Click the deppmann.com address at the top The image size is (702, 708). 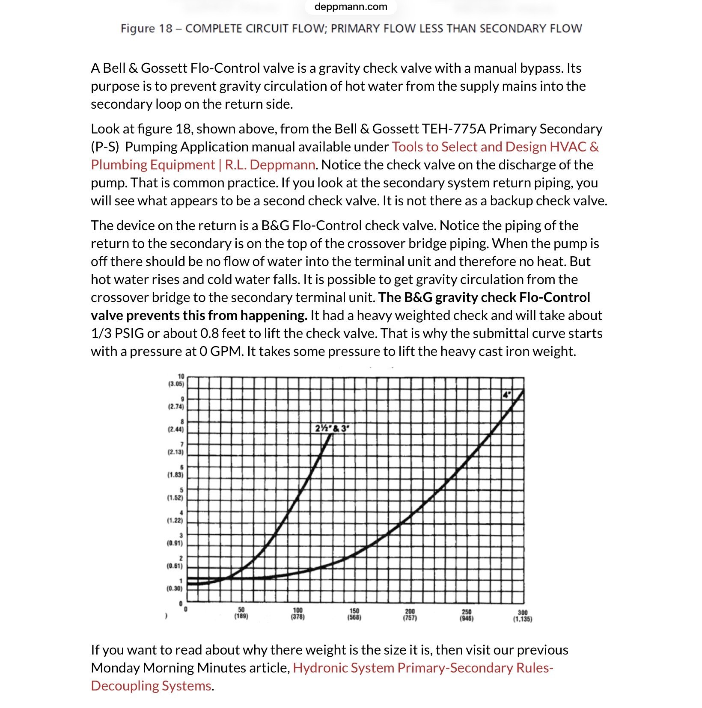pos(351,7)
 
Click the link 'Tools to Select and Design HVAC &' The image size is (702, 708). pos(495,147)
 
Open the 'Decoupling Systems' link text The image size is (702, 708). pos(151,686)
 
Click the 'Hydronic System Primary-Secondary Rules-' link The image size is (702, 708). pos(423,668)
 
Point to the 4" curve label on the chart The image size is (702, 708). pos(507,395)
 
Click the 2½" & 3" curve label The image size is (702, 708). pos(332,428)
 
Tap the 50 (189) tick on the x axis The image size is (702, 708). pos(241,613)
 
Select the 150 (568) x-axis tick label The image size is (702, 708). pos(354,614)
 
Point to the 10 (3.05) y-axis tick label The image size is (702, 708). pos(176,380)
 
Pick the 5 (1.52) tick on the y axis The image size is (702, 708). pos(175,494)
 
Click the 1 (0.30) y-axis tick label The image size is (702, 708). pos(175,584)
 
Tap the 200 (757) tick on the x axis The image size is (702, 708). pos(410,615)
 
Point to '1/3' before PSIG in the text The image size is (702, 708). pos(101,333)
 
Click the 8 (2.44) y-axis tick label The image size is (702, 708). pos(176,425)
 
